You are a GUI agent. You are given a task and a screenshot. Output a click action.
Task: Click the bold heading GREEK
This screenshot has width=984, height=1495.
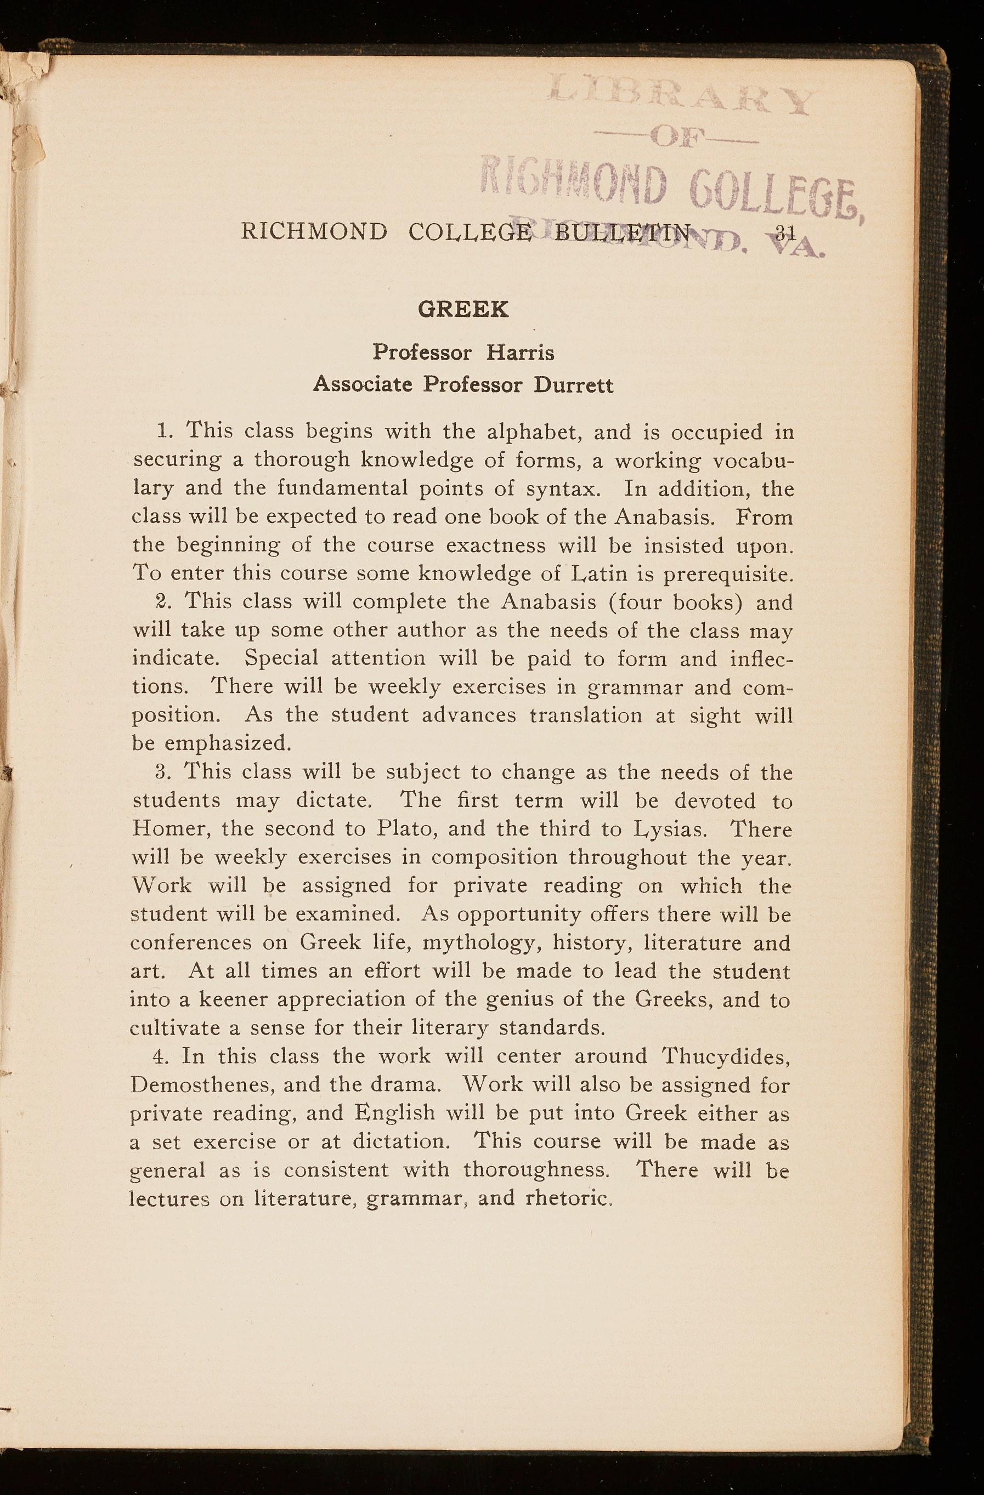tap(463, 310)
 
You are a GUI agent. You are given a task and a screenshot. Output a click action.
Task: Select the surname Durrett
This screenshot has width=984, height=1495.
tap(574, 384)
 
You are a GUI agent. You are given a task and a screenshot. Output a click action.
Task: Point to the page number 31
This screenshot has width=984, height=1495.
tap(785, 232)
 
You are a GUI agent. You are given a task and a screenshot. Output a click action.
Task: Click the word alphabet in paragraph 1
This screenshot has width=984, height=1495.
tap(533, 432)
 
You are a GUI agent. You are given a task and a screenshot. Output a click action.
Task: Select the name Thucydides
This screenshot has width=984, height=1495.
tap(726, 1056)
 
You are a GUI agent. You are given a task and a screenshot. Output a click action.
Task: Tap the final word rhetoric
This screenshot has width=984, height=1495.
tap(568, 1198)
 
